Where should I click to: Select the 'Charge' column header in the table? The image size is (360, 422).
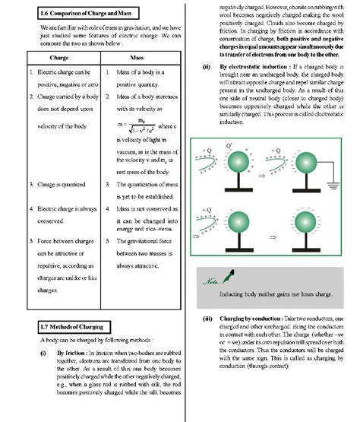(x=58, y=57)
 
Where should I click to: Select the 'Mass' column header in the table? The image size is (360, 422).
(x=138, y=57)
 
